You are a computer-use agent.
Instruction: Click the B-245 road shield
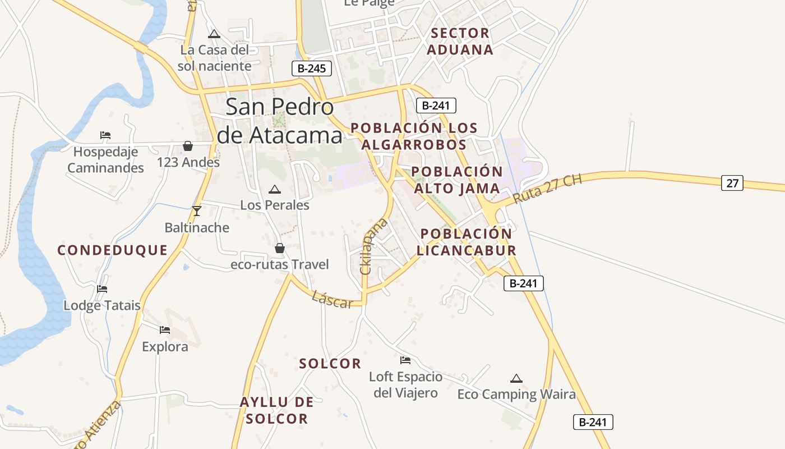pos(312,69)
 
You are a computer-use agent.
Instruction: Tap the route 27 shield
pos(732,182)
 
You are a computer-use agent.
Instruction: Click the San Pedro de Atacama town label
pos(279,121)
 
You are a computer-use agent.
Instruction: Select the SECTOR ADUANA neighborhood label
pos(460,41)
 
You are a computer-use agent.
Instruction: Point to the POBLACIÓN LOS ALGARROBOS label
pos(414,136)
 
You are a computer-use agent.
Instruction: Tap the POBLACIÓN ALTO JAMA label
pos(456,180)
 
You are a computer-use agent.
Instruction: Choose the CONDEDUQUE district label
pos(113,250)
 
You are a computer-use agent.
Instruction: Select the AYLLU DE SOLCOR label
pos(277,410)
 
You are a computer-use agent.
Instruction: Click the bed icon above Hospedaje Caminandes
pos(105,135)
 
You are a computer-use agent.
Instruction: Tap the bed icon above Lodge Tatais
pos(101,289)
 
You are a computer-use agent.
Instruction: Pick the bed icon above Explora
pos(164,330)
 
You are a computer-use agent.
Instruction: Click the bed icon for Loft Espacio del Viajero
pos(405,360)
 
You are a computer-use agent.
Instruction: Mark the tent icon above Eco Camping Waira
pos(516,378)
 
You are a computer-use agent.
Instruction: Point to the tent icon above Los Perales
pos(274,190)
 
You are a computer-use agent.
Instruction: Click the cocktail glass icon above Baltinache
pos(196,211)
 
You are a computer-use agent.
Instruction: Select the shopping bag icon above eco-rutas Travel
pos(279,248)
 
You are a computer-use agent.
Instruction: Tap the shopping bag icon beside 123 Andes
pos(188,146)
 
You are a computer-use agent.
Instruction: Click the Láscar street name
pos(333,300)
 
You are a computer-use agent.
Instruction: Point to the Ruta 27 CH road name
pos(547,189)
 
